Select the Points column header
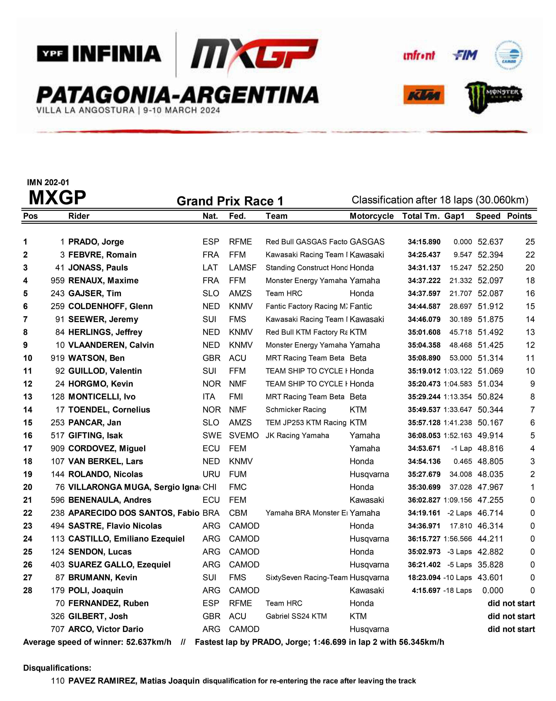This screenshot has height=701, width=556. tap(519, 216)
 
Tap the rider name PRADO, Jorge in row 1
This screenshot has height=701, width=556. tap(96, 242)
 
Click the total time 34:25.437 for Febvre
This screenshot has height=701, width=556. tap(424, 255)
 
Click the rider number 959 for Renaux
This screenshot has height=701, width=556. tap(58, 281)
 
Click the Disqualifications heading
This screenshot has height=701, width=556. tap(57, 668)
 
